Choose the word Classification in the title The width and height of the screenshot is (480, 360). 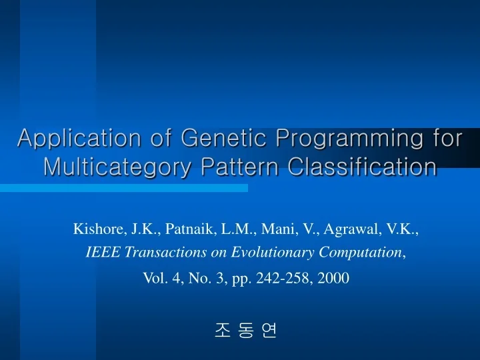363,167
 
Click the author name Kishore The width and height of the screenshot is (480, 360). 99,230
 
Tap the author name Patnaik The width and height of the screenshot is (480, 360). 187,230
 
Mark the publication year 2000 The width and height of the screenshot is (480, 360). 333,278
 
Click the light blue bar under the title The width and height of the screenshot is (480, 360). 123,189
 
